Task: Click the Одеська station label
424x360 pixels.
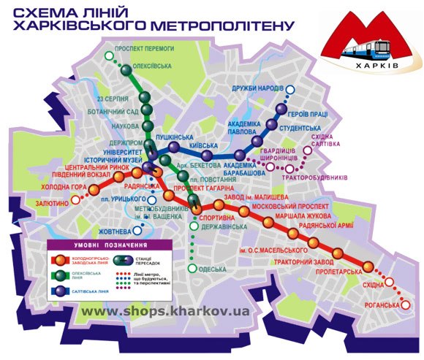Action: tap(216, 269)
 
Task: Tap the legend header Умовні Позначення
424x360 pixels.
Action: tap(109, 246)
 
